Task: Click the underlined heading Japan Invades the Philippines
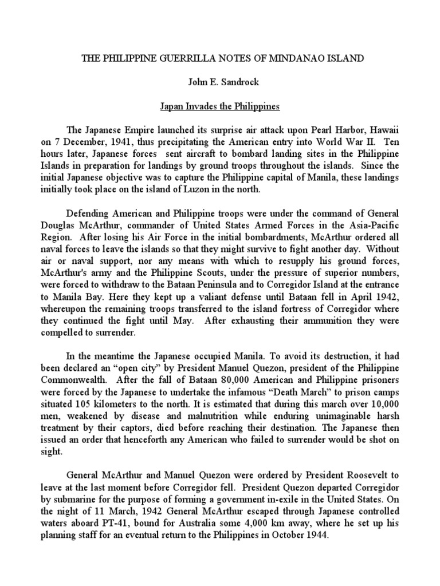click(219, 106)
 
